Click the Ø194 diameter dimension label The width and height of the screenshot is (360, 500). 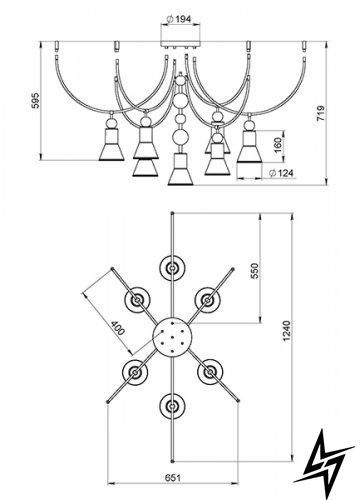pyautogui.click(x=179, y=19)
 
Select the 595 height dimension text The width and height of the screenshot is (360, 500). pyautogui.click(x=35, y=100)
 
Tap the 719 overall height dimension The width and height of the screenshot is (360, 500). pyautogui.click(x=320, y=113)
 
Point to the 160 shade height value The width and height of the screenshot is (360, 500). pyautogui.click(x=278, y=145)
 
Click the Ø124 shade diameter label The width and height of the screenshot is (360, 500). pyautogui.click(x=281, y=173)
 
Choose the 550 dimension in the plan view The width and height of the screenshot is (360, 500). pyautogui.click(x=254, y=271)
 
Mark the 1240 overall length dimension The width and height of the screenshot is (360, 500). pyautogui.click(x=286, y=331)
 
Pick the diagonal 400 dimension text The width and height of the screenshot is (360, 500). pyautogui.click(x=118, y=328)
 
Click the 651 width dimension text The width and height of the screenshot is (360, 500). pyautogui.click(x=173, y=478)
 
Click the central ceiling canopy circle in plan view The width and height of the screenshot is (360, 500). pyautogui.click(x=172, y=337)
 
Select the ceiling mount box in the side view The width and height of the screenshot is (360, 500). pyautogui.click(x=180, y=44)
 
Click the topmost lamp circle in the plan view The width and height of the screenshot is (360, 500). pyautogui.click(x=172, y=268)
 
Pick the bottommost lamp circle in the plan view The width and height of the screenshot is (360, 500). pyautogui.click(x=172, y=406)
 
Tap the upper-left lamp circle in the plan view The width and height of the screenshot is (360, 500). pyautogui.click(x=137, y=300)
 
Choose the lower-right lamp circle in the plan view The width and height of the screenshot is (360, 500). pyautogui.click(x=209, y=372)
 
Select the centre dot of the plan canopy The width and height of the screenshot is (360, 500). pyautogui.click(x=172, y=337)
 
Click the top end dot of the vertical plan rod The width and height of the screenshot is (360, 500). pyautogui.click(x=172, y=213)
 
